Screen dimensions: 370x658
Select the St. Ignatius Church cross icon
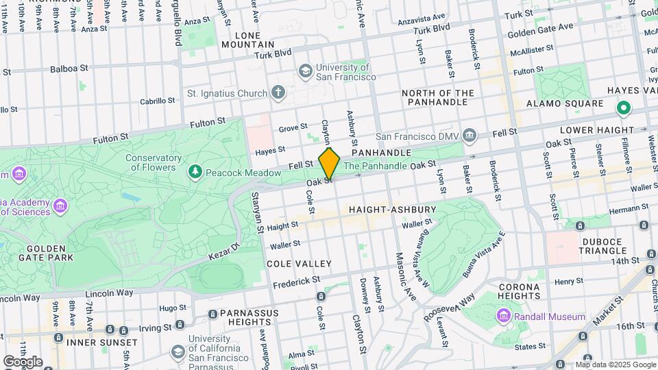[x=278, y=92]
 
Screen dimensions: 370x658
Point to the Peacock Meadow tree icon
[x=196, y=171]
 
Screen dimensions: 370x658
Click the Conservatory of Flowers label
[x=154, y=162]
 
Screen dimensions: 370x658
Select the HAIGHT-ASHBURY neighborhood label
[x=392, y=209]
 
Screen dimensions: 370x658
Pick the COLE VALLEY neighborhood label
[x=299, y=264]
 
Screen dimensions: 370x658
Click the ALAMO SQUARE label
[x=564, y=103]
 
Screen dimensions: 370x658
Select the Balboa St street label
[x=70, y=69]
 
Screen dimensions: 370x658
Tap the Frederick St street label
[x=296, y=282]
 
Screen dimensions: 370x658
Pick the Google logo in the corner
[x=22, y=361]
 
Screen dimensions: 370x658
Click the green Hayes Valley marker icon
[x=623, y=108]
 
